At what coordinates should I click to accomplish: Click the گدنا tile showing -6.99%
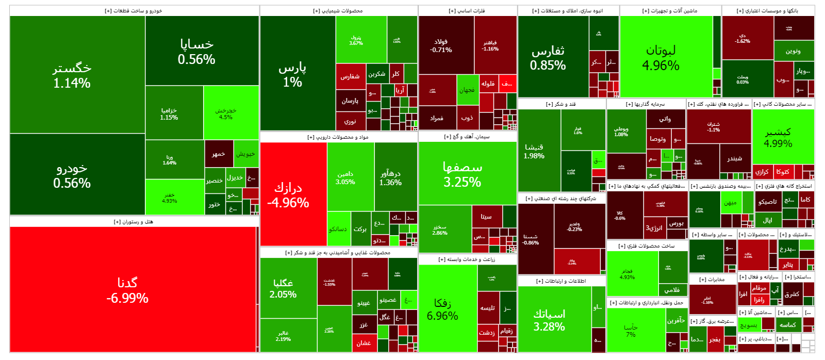click(127, 290)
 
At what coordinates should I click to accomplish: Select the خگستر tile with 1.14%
click(72, 75)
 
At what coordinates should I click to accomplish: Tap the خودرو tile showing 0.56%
click(72, 175)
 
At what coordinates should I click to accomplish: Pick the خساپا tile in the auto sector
click(196, 52)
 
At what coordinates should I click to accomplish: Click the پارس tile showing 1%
click(292, 74)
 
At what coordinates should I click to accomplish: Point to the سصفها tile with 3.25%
click(463, 174)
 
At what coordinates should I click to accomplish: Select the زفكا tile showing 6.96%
click(442, 309)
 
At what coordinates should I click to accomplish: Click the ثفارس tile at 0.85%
click(548, 58)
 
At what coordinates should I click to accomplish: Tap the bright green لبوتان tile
click(661, 58)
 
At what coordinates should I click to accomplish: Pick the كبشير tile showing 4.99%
click(778, 137)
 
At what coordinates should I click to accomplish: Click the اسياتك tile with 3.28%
click(549, 320)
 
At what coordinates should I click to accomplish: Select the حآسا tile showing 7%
click(631, 331)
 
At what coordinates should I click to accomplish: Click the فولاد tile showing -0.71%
click(441, 45)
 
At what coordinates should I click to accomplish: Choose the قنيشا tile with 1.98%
click(534, 151)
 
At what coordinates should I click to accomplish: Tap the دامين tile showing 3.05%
click(345, 178)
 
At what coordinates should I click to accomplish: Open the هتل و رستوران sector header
click(134, 222)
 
